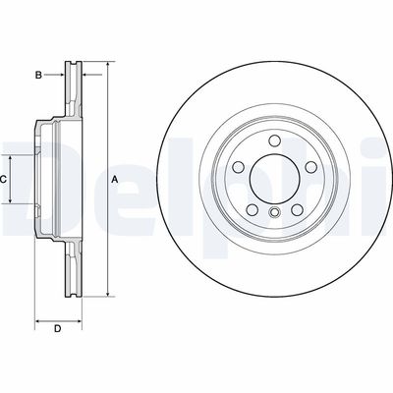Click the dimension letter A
[x=114, y=180]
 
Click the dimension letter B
[x=38, y=75]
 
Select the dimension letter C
[x=4, y=180]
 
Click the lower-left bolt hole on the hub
[x=253, y=207]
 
